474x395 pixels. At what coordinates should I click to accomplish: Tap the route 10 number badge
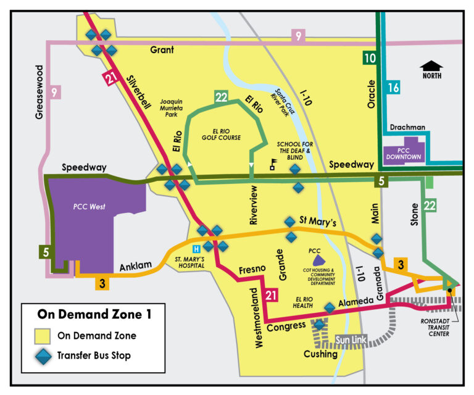point(369,59)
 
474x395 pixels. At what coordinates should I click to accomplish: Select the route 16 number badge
point(393,88)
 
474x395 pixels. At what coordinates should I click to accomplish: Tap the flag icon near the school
point(272,165)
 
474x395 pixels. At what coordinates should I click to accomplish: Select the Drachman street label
point(408,128)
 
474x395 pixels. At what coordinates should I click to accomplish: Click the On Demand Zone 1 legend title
point(94,314)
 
